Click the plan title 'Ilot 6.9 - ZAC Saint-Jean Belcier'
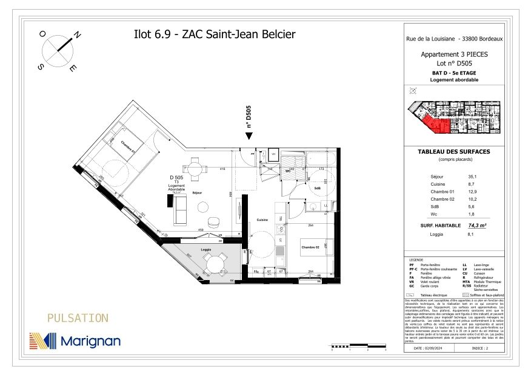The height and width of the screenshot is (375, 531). pyautogui.click(x=214, y=34)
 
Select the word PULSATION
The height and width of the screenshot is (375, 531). pyautogui.click(x=78, y=318)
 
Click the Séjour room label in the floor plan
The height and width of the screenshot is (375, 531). pyautogui.click(x=196, y=192)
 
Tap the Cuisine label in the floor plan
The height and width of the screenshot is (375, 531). pyautogui.click(x=262, y=220)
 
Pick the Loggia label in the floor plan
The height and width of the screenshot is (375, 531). pyautogui.click(x=208, y=249)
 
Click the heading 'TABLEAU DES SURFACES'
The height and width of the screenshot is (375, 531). pyautogui.click(x=454, y=151)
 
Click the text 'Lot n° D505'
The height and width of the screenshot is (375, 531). pyautogui.click(x=454, y=63)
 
